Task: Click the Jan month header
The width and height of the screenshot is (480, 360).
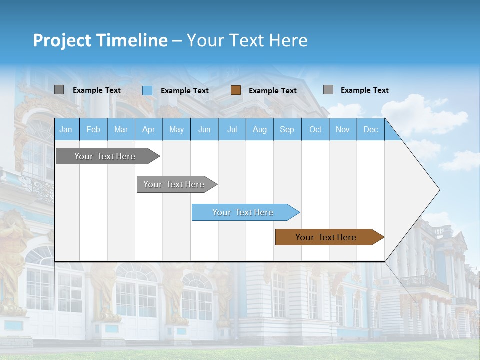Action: pyautogui.click(x=66, y=129)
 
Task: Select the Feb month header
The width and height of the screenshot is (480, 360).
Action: pyautogui.click(x=93, y=129)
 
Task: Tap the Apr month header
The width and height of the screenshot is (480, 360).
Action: pyautogui.click(x=148, y=129)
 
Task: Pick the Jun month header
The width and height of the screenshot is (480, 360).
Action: pyautogui.click(x=204, y=129)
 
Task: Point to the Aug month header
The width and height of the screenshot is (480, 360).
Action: pyautogui.click(x=259, y=129)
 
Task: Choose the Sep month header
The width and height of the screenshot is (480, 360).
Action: pyautogui.click(x=287, y=129)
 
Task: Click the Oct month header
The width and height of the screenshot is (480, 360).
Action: pyautogui.click(x=315, y=129)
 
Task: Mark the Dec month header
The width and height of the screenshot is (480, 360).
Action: pyautogui.click(x=370, y=129)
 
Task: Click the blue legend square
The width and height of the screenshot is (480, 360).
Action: pyautogui.click(x=147, y=90)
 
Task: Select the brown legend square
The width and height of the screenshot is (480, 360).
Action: pyautogui.click(x=236, y=90)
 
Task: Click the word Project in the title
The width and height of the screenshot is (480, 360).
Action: pyautogui.click(x=62, y=40)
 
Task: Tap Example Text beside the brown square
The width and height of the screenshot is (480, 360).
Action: pyautogui.click(x=273, y=91)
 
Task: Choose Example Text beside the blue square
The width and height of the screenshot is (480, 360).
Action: pyautogui.click(x=185, y=91)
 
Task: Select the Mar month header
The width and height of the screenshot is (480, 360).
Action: pyautogui.click(x=121, y=129)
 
